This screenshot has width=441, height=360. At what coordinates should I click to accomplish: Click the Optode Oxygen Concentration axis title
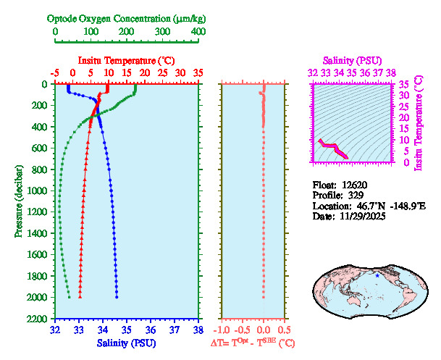tap(127, 18)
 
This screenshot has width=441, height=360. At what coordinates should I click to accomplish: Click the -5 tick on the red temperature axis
tap(55, 73)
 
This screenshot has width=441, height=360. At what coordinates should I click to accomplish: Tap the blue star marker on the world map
tap(377, 275)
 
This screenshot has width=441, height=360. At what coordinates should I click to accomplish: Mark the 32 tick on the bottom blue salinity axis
tap(55, 330)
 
